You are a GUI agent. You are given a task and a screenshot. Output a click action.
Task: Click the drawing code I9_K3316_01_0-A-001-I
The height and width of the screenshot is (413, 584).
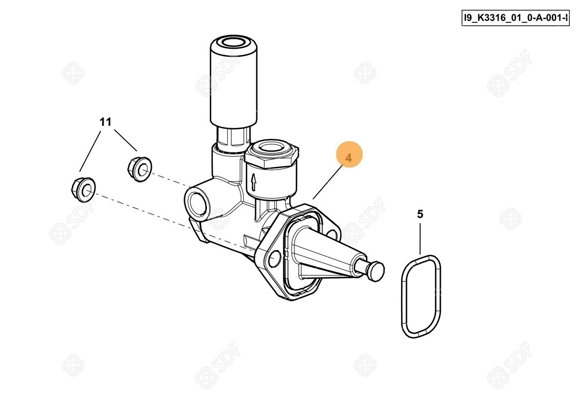click(x=515, y=18)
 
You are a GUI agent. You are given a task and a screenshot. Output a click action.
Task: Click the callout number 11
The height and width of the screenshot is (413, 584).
click(x=106, y=122)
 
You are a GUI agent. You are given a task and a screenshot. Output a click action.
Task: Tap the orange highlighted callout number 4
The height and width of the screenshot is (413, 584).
click(x=349, y=154)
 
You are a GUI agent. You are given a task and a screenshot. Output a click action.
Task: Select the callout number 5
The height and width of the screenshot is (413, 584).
click(x=420, y=214)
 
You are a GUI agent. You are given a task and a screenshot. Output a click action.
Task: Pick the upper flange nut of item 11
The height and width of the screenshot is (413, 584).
click(x=140, y=169)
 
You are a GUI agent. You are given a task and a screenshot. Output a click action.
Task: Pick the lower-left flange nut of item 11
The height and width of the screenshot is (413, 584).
click(x=83, y=189)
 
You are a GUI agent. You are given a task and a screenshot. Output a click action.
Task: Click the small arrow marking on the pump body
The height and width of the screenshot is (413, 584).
click(x=253, y=182)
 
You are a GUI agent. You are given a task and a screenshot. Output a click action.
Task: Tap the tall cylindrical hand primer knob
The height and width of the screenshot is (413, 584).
click(x=234, y=81)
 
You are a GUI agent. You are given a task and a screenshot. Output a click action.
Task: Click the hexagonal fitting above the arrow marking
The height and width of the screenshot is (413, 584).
click(x=272, y=154)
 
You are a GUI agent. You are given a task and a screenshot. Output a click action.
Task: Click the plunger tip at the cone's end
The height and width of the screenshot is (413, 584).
click(x=376, y=271)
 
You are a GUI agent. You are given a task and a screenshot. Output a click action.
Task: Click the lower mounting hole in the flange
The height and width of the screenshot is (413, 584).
click(x=274, y=258)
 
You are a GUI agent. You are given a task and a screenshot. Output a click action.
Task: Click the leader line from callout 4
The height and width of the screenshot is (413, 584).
click(x=328, y=183)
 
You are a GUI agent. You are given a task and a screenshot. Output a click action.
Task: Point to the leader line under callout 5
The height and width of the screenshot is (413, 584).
click(x=420, y=239)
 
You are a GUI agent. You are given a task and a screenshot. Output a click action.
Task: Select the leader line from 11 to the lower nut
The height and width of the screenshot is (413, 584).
click(x=90, y=151)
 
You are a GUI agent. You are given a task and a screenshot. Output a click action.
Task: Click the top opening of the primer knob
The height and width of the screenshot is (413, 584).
click(x=234, y=42)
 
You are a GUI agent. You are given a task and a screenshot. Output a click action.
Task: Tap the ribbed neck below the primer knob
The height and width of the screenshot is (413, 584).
click(x=233, y=140)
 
